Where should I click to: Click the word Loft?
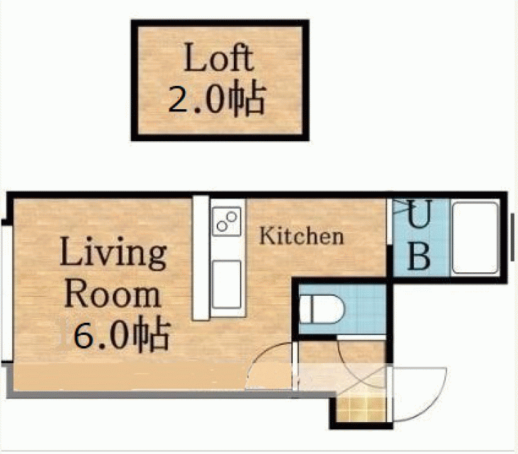tap(219, 57)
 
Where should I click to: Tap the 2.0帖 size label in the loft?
tap(217, 98)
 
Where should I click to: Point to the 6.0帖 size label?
tap(122, 334)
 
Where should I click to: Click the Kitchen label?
tap(301, 236)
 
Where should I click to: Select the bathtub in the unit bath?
tap(475, 238)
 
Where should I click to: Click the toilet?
tap(322, 309)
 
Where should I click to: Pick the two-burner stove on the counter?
tap(227, 221)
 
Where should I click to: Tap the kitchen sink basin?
tap(227, 284)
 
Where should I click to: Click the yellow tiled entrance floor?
tap(361, 409)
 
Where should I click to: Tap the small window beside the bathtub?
tap(512, 237)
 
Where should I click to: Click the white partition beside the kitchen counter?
tap(201, 258)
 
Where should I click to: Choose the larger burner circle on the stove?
tap(232, 217)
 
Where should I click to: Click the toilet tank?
tap(305, 309)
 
